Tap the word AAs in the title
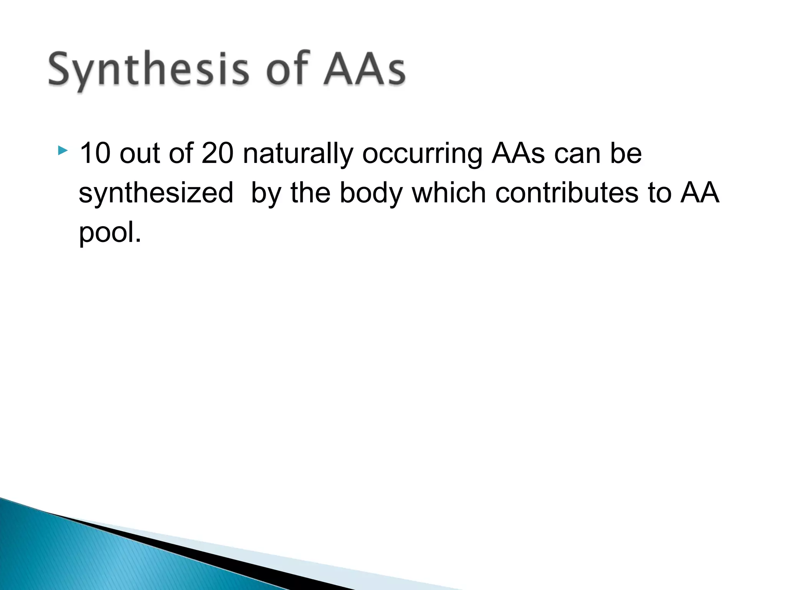pyautogui.click(x=364, y=69)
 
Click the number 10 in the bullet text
pyautogui.click(x=95, y=153)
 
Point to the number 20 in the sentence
pyautogui.click(x=217, y=153)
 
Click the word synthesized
pyautogui.click(x=156, y=193)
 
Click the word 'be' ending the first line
pyautogui.click(x=626, y=153)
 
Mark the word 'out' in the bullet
pyautogui.click(x=139, y=153)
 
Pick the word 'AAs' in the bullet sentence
pyautogui.click(x=518, y=153)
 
